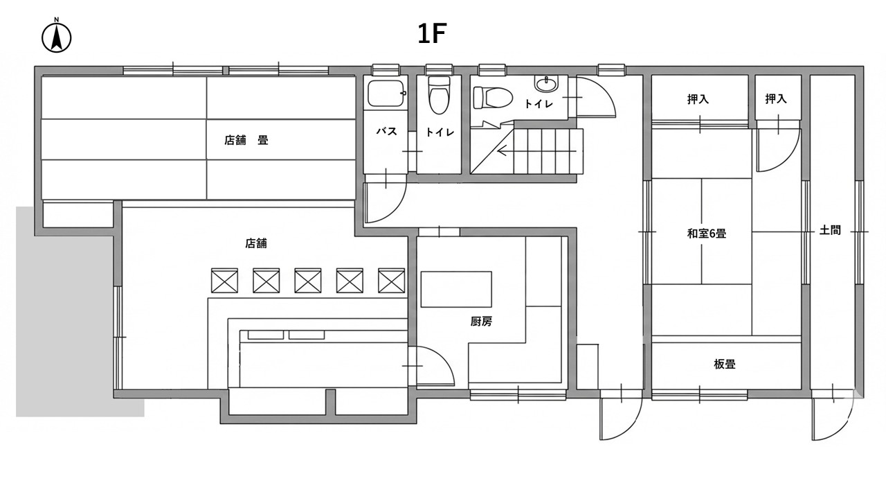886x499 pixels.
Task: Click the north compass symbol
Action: pyautogui.click(x=57, y=37)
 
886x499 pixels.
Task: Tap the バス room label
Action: pyautogui.click(x=386, y=131)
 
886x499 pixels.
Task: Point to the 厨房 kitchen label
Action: pyautogui.click(x=481, y=321)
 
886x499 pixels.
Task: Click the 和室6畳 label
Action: pyautogui.click(x=706, y=234)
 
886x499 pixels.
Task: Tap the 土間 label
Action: pyautogui.click(x=830, y=230)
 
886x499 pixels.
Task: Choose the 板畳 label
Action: pyautogui.click(x=724, y=364)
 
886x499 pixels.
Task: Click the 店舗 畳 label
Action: pyautogui.click(x=246, y=140)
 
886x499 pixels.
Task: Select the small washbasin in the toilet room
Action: pyautogui.click(x=545, y=85)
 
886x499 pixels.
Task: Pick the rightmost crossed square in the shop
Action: pyautogui.click(x=391, y=280)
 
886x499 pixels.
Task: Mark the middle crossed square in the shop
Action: pyautogui.click(x=307, y=280)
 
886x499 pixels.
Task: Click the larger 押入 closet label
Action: pyautogui.click(x=698, y=99)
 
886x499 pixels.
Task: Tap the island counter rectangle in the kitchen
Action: pyautogui.click(x=456, y=289)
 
